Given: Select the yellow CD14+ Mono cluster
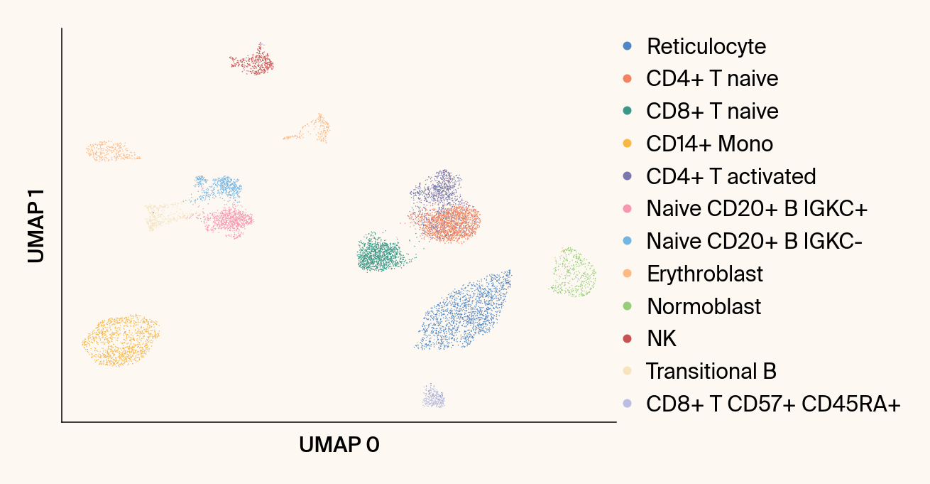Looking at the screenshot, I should tap(120, 340).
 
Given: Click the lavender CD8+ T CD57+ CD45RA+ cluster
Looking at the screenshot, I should tap(433, 397).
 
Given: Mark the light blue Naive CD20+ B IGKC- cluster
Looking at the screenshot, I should tap(219, 188).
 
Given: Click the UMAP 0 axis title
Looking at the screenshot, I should tap(339, 446).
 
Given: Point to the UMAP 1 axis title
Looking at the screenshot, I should tap(37, 226).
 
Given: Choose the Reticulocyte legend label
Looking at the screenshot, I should tap(706, 46).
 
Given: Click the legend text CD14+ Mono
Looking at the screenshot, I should tap(709, 144).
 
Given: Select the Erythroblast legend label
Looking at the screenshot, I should tap(705, 274).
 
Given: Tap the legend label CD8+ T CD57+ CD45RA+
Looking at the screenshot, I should tap(773, 404).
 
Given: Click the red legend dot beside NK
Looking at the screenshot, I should tap(627, 338).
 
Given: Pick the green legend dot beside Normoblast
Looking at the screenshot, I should tap(627, 306).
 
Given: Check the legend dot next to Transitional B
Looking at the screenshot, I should tap(627, 371).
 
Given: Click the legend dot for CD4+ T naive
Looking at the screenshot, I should tap(627, 78).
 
